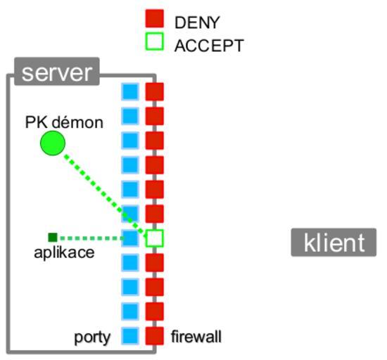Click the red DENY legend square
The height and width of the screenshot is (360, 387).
[x=155, y=18]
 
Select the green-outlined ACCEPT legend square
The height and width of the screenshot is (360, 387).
[x=155, y=41]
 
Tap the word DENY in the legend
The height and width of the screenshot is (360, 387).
[x=197, y=22]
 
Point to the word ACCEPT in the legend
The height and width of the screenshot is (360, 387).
[x=209, y=46]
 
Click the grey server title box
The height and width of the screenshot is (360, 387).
[x=57, y=72]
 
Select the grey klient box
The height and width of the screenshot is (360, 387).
[x=334, y=243]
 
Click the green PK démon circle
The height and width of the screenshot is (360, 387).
[x=53, y=143]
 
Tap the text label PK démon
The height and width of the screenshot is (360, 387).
[x=64, y=122]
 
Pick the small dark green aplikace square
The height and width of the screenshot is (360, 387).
[x=53, y=238]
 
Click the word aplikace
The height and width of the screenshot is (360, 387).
[x=64, y=252]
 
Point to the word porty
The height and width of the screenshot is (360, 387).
[x=92, y=337]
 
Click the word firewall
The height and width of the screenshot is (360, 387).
[x=196, y=337]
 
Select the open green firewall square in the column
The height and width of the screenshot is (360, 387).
[x=155, y=238]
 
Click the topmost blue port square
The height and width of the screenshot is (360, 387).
[x=130, y=91]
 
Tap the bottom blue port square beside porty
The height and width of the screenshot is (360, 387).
[x=130, y=336]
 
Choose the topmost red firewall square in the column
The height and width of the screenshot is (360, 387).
[x=155, y=91]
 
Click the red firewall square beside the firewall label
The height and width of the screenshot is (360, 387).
[x=155, y=336]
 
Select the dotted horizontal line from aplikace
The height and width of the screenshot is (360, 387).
[x=91, y=238]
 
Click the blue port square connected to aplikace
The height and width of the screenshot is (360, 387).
[x=130, y=238]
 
